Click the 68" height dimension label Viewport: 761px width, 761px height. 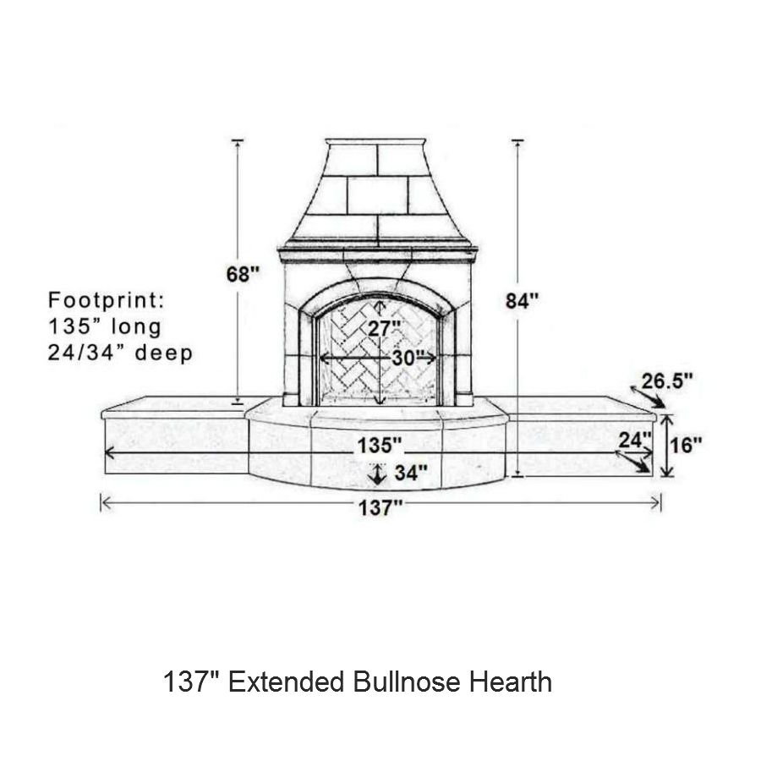point(244,274)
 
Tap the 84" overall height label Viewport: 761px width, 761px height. point(522,301)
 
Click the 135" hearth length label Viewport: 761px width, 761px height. point(380,445)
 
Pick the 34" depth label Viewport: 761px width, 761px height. point(411,472)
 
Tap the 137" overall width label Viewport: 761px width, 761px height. point(380,508)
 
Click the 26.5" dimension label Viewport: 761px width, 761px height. point(667,381)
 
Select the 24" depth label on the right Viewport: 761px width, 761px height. point(635,441)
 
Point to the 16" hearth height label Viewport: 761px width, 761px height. point(686,445)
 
